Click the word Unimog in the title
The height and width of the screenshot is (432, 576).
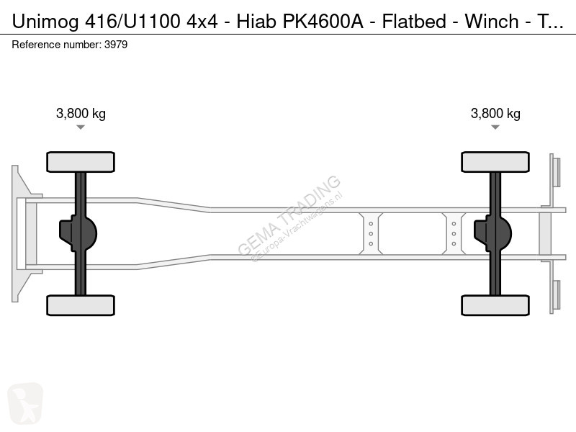coord(45,22)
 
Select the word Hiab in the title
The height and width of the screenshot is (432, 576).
coord(256,22)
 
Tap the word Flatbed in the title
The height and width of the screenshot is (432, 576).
coord(414,22)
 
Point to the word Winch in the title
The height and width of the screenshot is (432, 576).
coord(492,22)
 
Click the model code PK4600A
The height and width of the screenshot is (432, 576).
coord(323,22)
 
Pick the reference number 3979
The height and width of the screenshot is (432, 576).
coord(116,45)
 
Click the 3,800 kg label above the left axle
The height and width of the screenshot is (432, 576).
coord(81,114)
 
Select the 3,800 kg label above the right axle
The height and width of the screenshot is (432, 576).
coord(495,114)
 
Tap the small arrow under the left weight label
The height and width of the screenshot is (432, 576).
coord(81,127)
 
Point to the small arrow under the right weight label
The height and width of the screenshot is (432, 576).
coord(495,127)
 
